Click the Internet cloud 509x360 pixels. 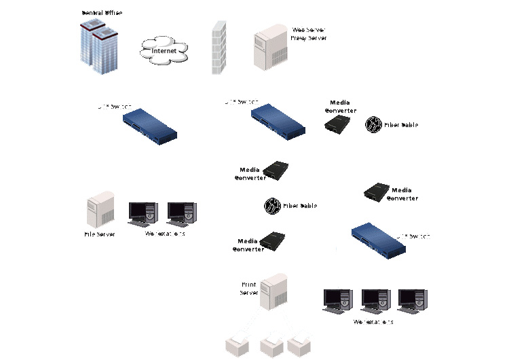click(164, 51)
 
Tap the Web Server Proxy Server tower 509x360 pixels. click(269, 48)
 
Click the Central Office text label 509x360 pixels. click(102, 13)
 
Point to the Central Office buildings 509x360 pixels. click(98, 46)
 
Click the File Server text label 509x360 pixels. click(99, 234)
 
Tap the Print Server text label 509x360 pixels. click(249, 289)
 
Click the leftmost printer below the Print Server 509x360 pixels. click(238, 344)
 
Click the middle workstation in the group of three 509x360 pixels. click(375, 300)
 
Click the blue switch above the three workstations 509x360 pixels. click(381, 240)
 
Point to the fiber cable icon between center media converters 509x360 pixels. click(272, 205)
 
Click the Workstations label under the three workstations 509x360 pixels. click(373, 322)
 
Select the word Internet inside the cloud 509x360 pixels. click(164, 51)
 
